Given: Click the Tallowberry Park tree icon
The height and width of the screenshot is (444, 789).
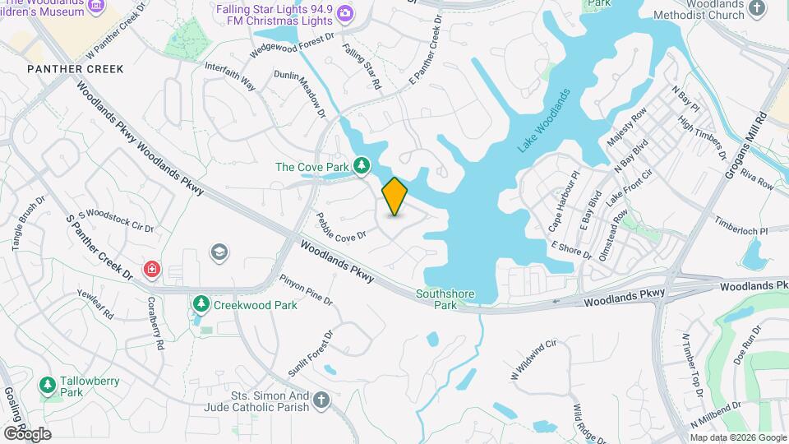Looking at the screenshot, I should (x=48, y=384).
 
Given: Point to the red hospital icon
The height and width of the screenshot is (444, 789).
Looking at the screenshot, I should (x=151, y=269).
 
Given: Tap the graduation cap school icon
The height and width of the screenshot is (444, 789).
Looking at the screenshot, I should (x=219, y=251).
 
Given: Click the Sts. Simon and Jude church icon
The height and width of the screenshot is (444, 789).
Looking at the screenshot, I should (x=321, y=400).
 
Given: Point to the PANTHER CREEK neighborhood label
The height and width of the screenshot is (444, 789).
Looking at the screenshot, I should (x=75, y=69).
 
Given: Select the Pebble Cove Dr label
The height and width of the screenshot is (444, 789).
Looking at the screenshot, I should (x=340, y=224).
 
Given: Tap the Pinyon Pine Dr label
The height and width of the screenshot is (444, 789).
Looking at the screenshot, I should (x=306, y=289).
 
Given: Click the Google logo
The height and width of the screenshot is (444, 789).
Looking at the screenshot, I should (x=27, y=433).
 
